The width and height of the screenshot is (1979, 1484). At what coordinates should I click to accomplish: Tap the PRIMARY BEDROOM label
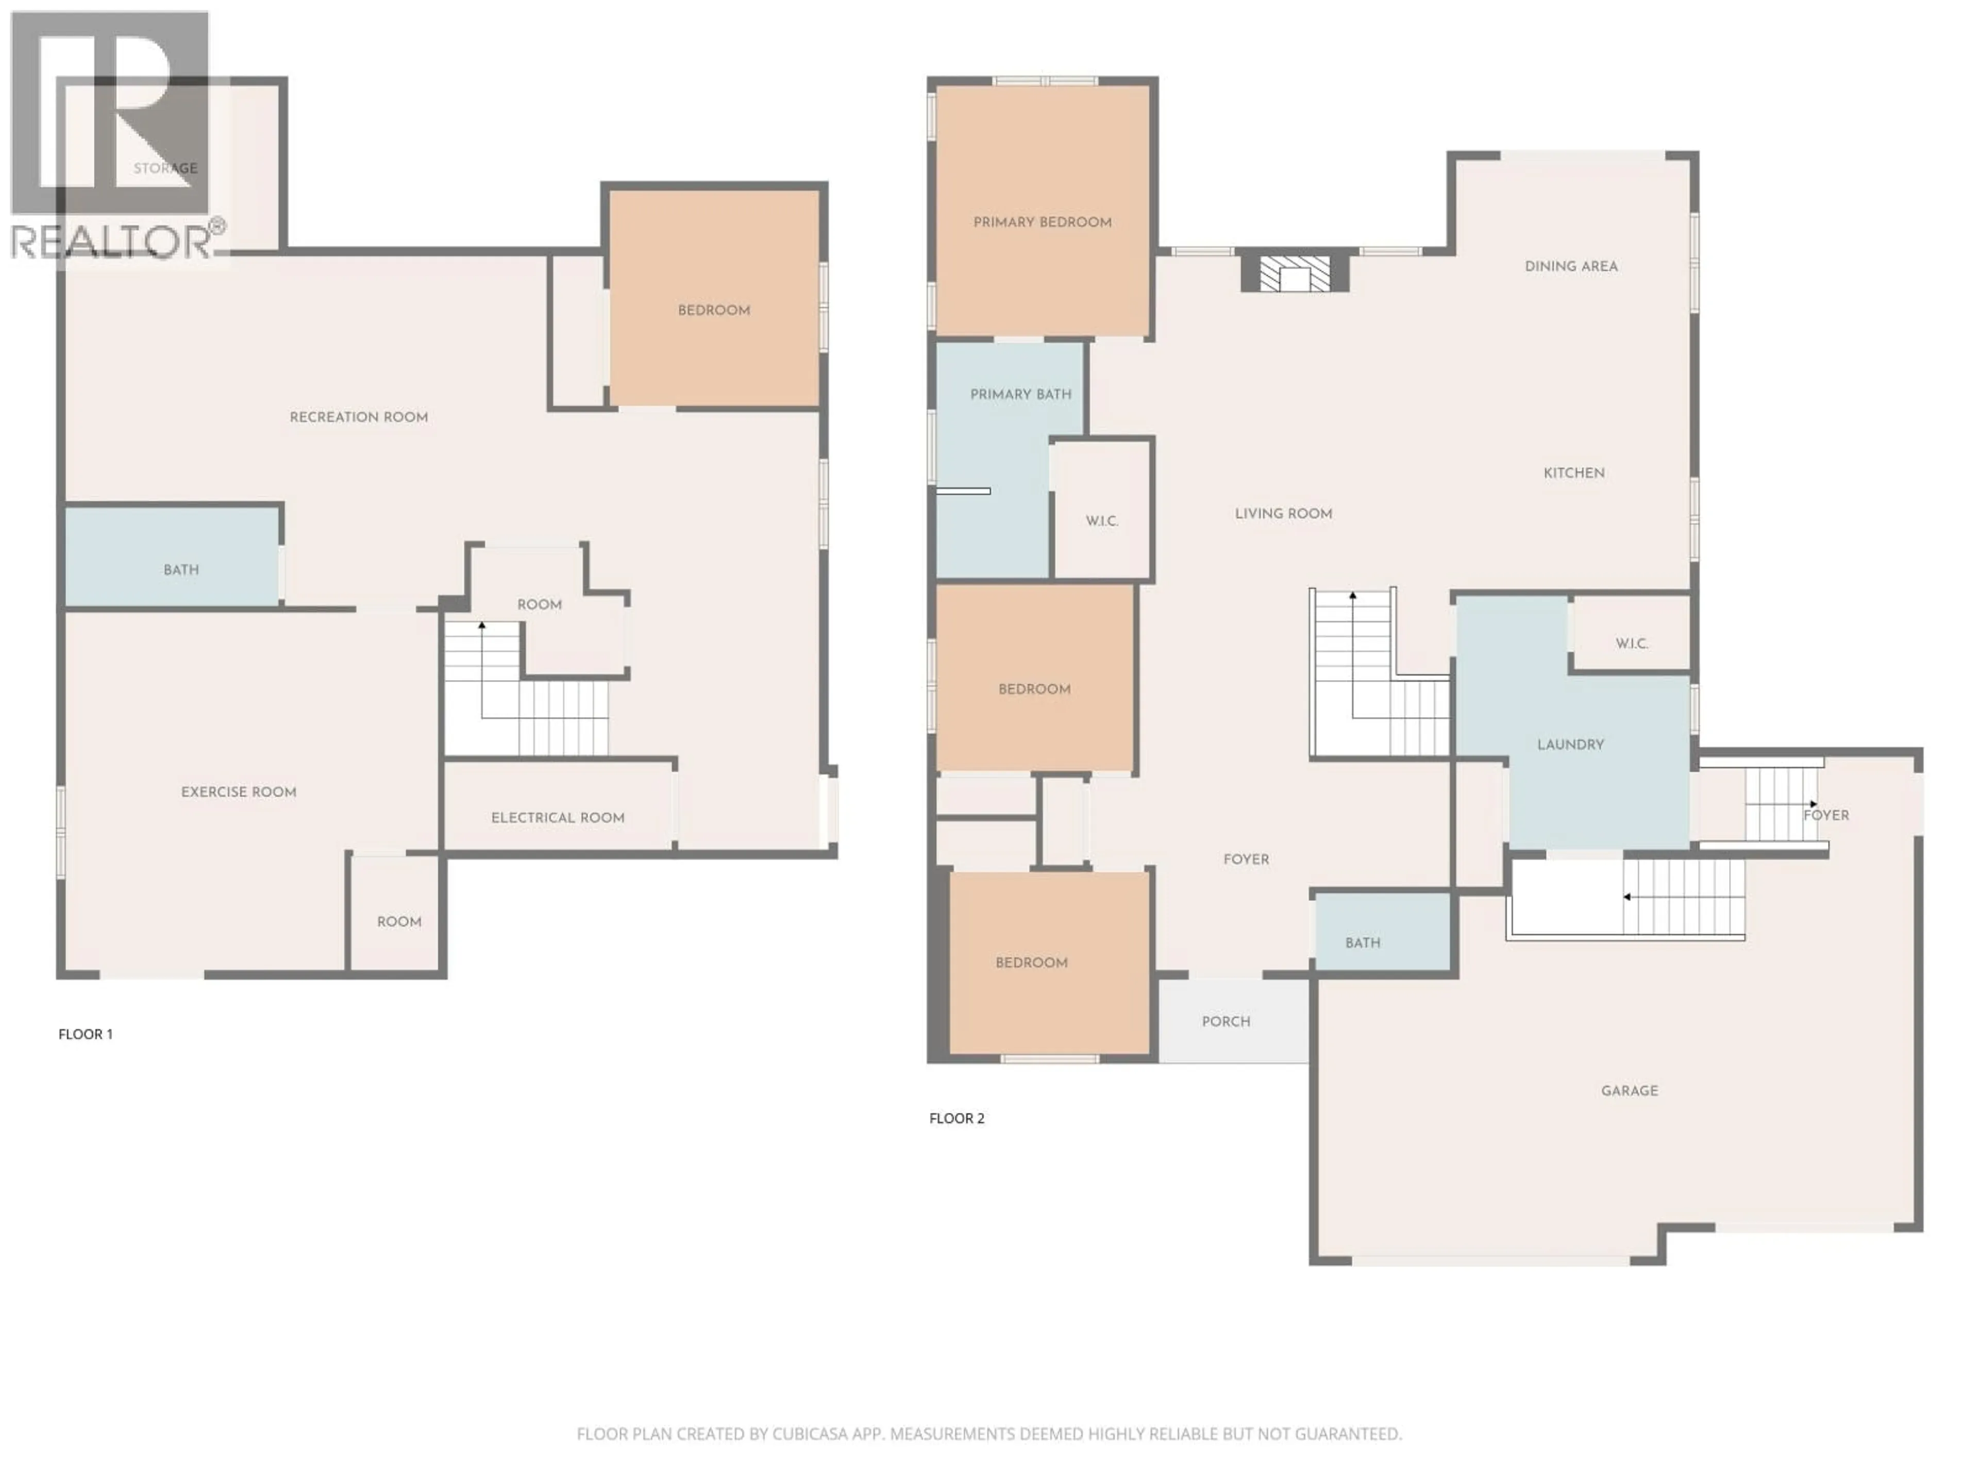[x=1042, y=223]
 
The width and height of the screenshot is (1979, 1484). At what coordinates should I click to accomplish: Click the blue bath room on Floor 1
[x=172, y=556]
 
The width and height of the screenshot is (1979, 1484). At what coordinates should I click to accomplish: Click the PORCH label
[x=1226, y=1021]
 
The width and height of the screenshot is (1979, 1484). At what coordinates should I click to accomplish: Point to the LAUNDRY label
[x=1570, y=744]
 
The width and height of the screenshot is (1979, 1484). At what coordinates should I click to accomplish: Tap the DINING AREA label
[x=1571, y=266]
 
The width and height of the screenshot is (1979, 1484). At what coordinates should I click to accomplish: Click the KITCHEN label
[x=1574, y=473]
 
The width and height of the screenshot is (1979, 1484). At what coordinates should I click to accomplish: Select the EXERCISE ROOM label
[x=238, y=791]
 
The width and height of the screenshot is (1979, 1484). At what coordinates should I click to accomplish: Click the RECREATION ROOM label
[x=358, y=417]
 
